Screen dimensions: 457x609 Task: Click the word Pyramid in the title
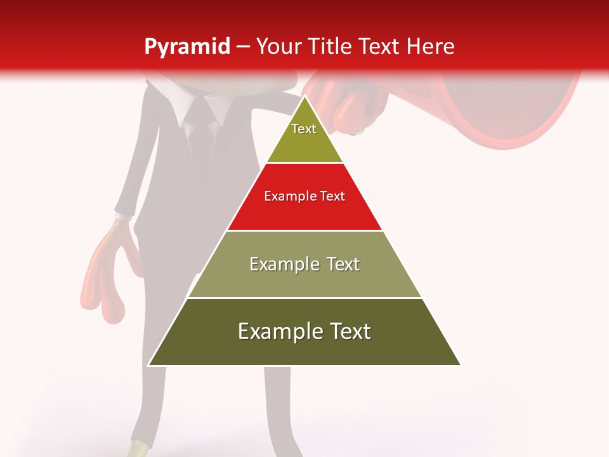click(x=187, y=47)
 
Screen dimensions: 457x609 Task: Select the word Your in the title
click(x=278, y=46)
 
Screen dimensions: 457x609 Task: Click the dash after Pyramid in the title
click(x=243, y=47)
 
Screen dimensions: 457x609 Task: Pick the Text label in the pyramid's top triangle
click(x=304, y=129)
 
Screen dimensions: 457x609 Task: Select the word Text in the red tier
click(x=332, y=196)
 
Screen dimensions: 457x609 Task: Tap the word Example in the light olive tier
click(x=282, y=264)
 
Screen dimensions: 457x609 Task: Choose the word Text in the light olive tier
click(x=343, y=264)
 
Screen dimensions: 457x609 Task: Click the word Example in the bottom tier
click(x=277, y=331)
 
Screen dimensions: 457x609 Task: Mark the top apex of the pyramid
click(x=304, y=96)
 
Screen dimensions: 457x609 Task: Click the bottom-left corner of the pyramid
click(x=149, y=365)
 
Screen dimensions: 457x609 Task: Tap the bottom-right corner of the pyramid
click(x=460, y=365)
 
